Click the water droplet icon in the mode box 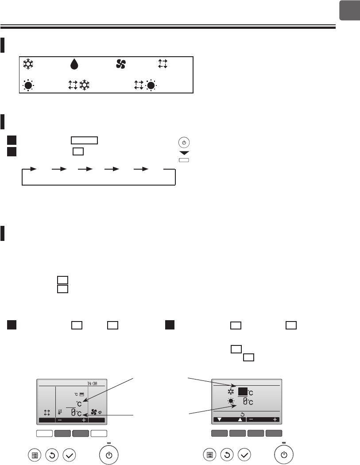pos(74,64)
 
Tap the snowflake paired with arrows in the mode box pos(84,85)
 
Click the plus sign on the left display pos(83,419)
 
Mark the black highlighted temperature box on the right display pos(243,391)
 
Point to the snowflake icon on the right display pos(231,392)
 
